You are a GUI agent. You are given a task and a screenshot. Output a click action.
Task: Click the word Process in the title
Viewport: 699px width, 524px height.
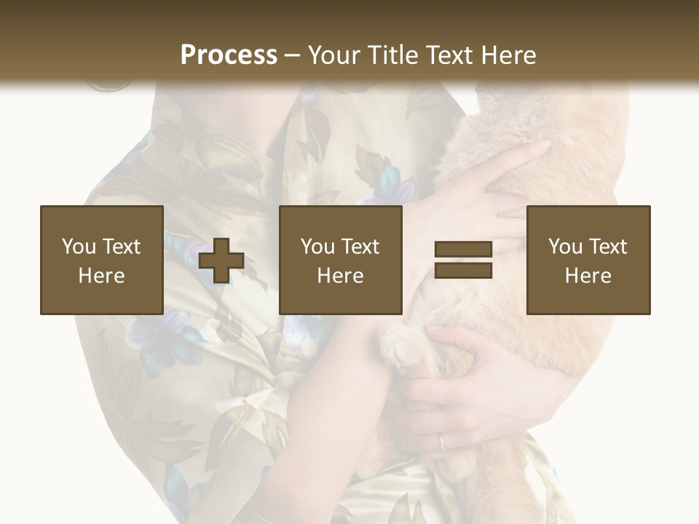tap(229, 55)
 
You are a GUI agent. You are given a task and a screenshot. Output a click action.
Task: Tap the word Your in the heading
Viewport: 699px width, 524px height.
tap(335, 55)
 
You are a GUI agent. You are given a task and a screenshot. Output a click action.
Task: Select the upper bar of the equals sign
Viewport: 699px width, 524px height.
tap(463, 249)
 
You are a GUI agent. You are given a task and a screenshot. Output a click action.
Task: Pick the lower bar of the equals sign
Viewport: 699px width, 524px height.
tap(463, 271)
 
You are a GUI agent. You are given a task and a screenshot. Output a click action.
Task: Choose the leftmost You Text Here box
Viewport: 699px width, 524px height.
tap(102, 260)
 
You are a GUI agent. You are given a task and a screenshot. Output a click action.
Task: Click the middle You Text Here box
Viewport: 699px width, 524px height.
tap(341, 260)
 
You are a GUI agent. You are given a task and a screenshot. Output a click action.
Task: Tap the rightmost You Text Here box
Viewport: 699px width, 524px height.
tap(588, 260)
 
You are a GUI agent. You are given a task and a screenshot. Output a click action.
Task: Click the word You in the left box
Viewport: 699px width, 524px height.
tap(79, 247)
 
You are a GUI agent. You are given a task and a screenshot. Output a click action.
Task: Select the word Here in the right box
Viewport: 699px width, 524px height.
tap(588, 276)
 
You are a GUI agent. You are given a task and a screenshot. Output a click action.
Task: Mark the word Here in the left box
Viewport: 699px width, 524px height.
tap(102, 276)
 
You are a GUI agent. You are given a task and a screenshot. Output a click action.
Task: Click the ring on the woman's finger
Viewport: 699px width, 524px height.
tap(443, 440)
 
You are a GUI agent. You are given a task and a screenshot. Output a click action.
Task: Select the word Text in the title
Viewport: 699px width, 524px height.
tap(447, 55)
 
